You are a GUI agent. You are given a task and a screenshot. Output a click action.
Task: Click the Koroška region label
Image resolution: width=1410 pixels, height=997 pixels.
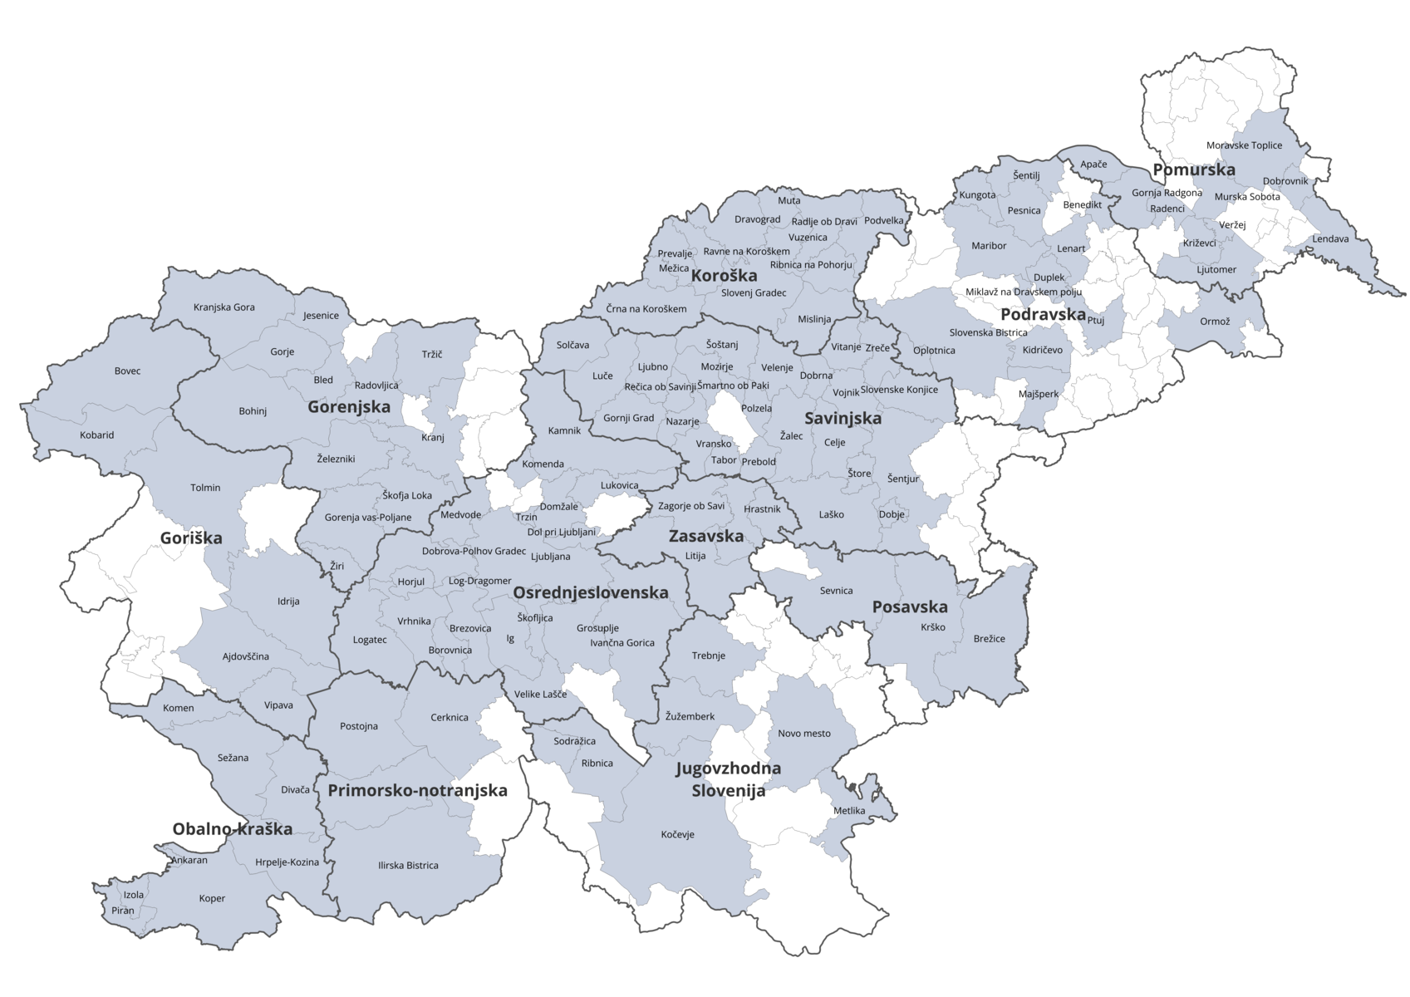(x=724, y=276)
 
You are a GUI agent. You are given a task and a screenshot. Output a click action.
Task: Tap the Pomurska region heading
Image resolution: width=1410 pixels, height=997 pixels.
(x=1194, y=169)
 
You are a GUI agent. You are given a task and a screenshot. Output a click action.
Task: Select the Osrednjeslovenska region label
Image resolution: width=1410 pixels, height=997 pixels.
(x=590, y=592)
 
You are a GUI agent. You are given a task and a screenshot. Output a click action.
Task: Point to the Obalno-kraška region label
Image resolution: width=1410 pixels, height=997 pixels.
(x=232, y=828)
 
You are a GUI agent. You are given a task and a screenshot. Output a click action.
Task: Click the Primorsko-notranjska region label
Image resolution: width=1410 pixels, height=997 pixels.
(x=417, y=790)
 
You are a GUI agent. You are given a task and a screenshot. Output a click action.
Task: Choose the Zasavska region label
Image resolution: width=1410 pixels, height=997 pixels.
(x=705, y=536)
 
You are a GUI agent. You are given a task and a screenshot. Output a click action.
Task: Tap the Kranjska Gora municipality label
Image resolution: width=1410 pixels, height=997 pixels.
(x=224, y=307)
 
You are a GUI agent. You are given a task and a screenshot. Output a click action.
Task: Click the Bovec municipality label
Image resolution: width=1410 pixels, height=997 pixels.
(x=127, y=371)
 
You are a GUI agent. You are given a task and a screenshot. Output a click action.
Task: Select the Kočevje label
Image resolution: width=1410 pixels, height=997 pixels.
(x=677, y=834)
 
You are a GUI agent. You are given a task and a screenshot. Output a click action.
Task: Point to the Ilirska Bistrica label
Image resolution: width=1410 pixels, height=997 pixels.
(x=408, y=865)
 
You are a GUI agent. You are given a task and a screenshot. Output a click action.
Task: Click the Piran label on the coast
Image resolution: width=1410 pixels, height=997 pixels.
(x=122, y=911)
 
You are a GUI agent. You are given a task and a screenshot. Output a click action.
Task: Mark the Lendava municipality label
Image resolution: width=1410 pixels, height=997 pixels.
(x=1330, y=238)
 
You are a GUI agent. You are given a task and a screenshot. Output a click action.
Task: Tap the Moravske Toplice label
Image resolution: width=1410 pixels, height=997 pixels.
(x=1244, y=145)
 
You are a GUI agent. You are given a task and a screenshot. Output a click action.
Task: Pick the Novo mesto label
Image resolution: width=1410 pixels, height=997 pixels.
(x=803, y=734)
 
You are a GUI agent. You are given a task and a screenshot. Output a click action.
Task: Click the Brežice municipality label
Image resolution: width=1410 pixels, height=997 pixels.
(x=989, y=639)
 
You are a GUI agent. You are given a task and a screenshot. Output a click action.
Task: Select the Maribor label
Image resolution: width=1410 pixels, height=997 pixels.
(x=988, y=246)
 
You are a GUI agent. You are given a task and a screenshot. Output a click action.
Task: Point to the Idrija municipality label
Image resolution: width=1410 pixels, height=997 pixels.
(x=288, y=601)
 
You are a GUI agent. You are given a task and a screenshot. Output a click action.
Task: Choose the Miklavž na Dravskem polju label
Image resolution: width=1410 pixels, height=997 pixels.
(x=1023, y=292)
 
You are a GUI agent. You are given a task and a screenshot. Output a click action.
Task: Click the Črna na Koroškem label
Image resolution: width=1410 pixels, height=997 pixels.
(x=646, y=309)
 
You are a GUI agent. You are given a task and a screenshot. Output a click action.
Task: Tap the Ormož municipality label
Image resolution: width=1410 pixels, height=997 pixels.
(x=1214, y=322)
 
